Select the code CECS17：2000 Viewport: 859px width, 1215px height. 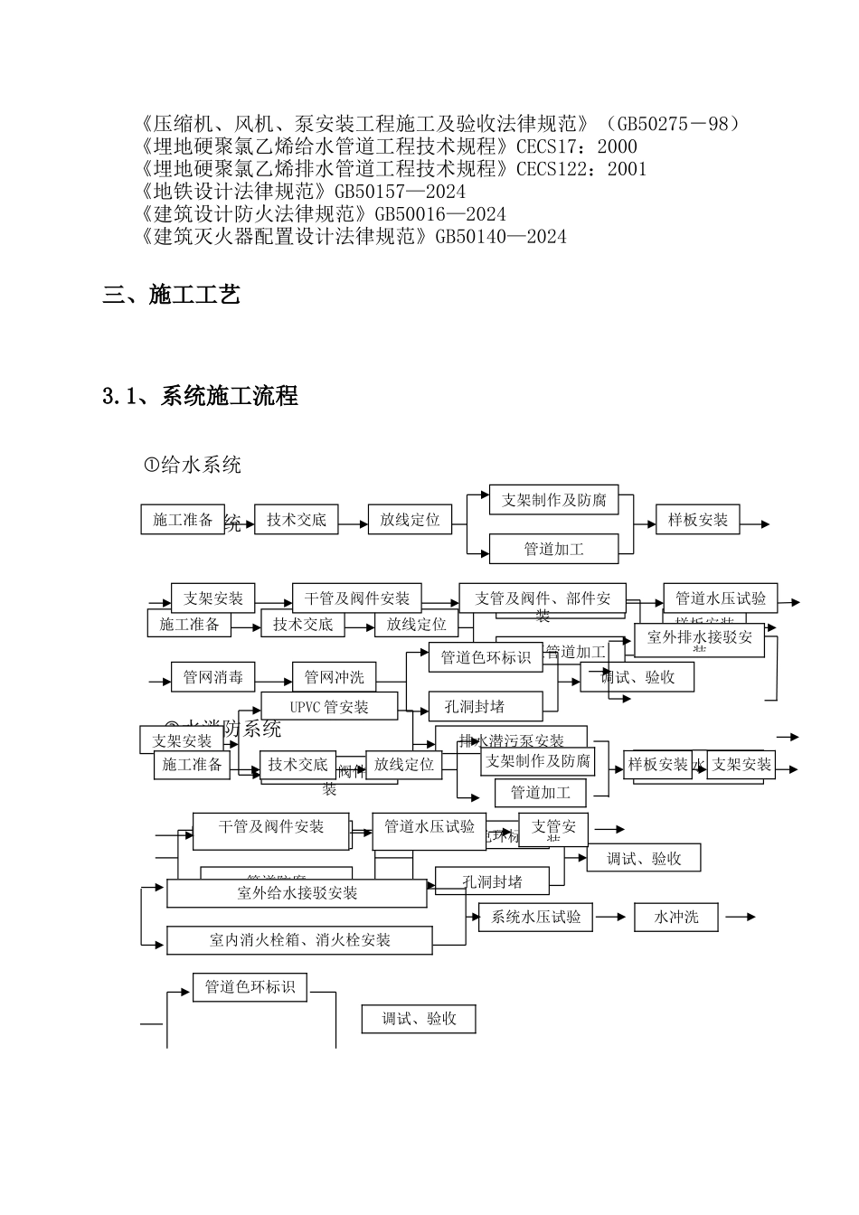point(577,146)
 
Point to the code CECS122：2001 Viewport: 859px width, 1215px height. point(581,169)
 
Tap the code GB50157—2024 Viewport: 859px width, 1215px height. point(400,192)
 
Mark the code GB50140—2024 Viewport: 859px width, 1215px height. point(501,237)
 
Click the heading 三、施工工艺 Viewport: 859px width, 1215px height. point(172,295)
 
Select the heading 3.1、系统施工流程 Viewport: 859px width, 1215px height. point(200,396)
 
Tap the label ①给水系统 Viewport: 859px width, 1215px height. point(193,466)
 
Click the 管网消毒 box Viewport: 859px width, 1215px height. point(213,677)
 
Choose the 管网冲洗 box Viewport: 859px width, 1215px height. point(334,677)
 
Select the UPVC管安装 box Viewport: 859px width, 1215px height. point(329,707)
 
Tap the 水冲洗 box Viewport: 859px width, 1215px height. point(677,917)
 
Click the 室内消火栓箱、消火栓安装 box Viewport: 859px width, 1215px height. point(300,940)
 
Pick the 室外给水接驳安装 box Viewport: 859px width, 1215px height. point(297,893)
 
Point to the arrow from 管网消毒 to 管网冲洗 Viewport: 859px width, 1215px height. point(274,677)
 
